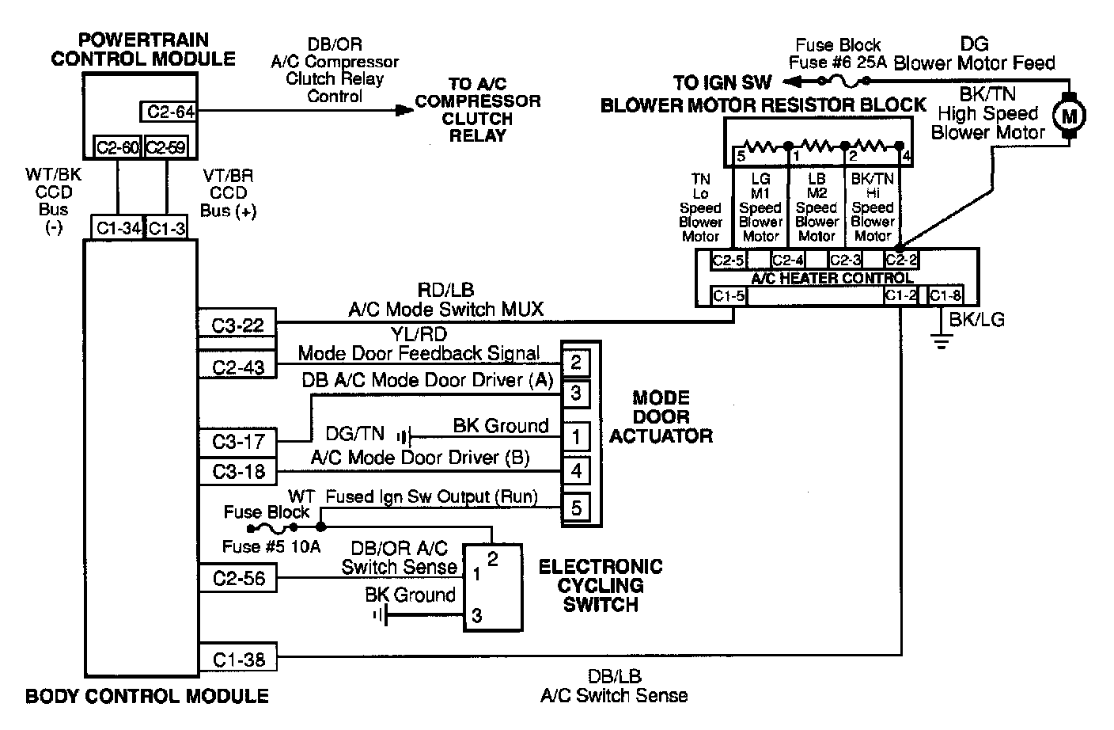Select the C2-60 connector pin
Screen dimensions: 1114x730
[119, 147]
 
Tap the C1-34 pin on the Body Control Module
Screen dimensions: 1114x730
[117, 228]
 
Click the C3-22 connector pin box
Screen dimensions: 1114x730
[237, 324]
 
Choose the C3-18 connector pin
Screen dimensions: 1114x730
[237, 471]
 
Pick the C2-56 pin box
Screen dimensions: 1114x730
[237, 578]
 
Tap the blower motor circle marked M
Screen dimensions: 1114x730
[1069, 116]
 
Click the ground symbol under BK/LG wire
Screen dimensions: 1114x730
[942, 341]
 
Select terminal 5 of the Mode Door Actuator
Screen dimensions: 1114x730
[576, 508]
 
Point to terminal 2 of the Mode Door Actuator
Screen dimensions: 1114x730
[576, 363]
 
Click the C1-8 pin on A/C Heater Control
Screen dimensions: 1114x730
[945, 295]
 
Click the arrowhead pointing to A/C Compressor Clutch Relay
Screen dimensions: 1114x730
[404, 110]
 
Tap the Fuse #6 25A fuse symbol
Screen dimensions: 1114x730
[843, 80]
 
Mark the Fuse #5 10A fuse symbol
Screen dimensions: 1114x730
[272, 527]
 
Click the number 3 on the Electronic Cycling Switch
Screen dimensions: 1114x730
[477, 616]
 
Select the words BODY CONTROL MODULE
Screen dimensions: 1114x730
[146, 696]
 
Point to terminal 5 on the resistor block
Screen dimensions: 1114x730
[741, 156]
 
